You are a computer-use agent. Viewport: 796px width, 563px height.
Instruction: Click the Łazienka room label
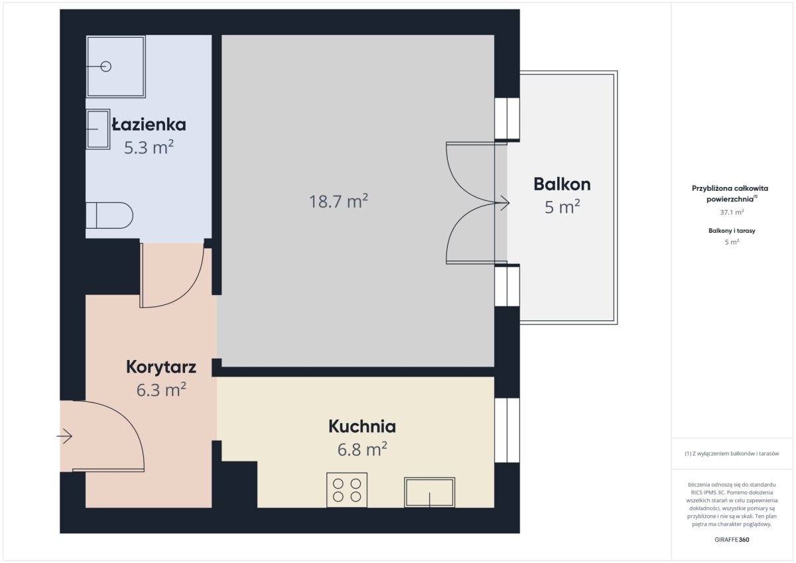pyautogui.click(x=149, y=124)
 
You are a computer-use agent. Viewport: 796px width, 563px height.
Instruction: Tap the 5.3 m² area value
pyautogui.click(x=149, y=147)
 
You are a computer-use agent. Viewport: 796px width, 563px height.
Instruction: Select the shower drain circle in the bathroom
pyautogui.click(x=106, y=66)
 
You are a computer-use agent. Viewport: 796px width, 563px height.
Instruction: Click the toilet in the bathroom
pyautogui.click(x=109, y=216)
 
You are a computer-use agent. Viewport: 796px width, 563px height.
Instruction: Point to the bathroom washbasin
pyautogui.click(x=98, y=129)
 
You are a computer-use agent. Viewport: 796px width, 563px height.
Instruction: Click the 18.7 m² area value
pyautogui.click(x=338, y=202)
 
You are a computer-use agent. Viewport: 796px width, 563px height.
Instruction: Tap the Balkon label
pyautogui.click(x=562, y=184)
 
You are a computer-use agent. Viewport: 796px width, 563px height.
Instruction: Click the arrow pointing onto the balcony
pyautogui.click(x=505, y=203)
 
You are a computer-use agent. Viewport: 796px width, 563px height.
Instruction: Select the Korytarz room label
pyautogui.click(x=161, y=367)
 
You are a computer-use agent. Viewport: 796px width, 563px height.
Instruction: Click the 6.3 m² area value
pyautogui.click(x=161, y=390)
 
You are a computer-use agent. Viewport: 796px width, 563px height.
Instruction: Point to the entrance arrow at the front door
pyautogui.click(x=65, y=436)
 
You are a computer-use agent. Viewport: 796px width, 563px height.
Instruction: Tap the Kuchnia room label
pyautogui.click(x=362, y=426)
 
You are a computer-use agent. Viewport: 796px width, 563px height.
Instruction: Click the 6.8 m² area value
pyautogui.click(x=362, y=450)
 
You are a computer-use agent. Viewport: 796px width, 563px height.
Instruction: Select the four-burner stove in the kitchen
pyautogui.click(x=347, y=490)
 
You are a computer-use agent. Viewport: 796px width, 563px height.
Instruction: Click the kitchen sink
pyautogui.click(x=429, y=492)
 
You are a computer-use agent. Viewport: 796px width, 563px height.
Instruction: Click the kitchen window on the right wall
pyautogui.click(x=507, y=430)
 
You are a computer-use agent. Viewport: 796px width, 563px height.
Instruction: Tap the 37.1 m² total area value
pyautogui.click(x=732, y=212)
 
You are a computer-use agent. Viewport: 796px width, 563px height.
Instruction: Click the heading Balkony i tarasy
pyautogui.click(x=732, y=231)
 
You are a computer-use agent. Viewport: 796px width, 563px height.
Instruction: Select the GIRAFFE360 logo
pyautogui.click(x=732, y=540)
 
